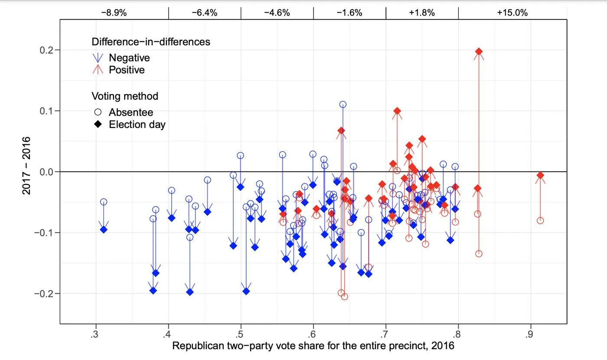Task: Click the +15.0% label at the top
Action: coord(512,13)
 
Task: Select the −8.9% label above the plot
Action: coord(114,13)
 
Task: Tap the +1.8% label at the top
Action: coord(421,13)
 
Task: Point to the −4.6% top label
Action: coord(277,13)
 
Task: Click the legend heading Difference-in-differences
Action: coord(151,42)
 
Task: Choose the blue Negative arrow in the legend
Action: coord(98,58)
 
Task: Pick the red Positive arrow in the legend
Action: coord(98,69)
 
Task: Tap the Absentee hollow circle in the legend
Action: coord(98,112)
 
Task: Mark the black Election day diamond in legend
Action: coord(98,124)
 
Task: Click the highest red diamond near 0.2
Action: coord(479,52)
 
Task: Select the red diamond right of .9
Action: coord(540,175)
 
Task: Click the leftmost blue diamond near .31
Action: coord(104,229)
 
